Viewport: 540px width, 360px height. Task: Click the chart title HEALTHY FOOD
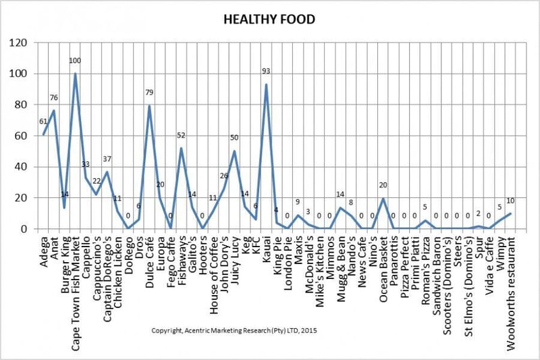coord(269,20)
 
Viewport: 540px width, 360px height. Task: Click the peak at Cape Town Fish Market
coord(75,74)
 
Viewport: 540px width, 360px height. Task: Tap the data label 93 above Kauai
coord(266,71)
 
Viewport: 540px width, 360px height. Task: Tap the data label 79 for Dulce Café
coord(149,93)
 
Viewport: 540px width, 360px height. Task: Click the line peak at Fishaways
coord(181,148)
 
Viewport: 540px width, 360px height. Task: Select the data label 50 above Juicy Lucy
coord(234,138)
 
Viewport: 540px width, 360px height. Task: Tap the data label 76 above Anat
coord(54,97)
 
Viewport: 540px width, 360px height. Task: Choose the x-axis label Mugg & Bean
coord(340,266)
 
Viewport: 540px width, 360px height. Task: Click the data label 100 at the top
coord(75,61)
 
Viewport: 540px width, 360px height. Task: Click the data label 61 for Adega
coord(43,121)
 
